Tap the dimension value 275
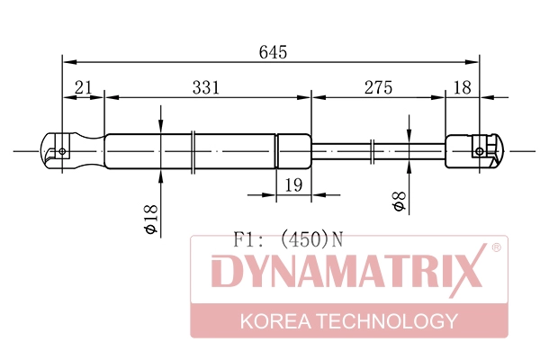coord(378,86)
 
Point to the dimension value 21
coord(84,86)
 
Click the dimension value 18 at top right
coord(463,86)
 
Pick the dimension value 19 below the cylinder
coord(292,184)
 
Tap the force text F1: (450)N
coord(289,239)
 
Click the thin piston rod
coord(342,150)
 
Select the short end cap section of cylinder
coord(292,150)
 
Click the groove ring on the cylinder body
coord(193,150)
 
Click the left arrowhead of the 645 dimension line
coord(68,62)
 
